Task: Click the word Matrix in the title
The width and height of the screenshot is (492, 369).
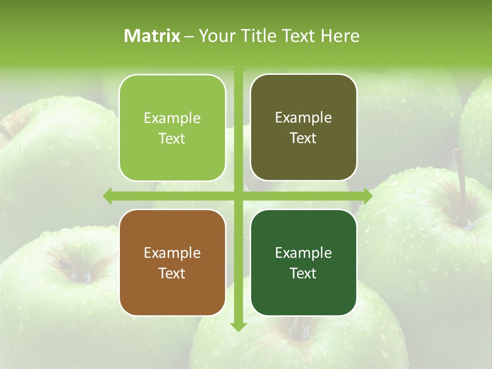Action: coord(152,36)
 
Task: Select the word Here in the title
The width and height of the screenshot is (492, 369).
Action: coord(340,36)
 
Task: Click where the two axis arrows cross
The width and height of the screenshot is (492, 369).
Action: coord(238,196)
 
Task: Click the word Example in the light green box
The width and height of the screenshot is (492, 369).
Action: coord(172,118)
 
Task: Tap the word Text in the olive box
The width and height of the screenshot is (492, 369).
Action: coord(303,138)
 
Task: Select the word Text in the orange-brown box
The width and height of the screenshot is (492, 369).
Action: coord(172,273)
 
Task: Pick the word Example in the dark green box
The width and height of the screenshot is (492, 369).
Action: coord(303,253)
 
